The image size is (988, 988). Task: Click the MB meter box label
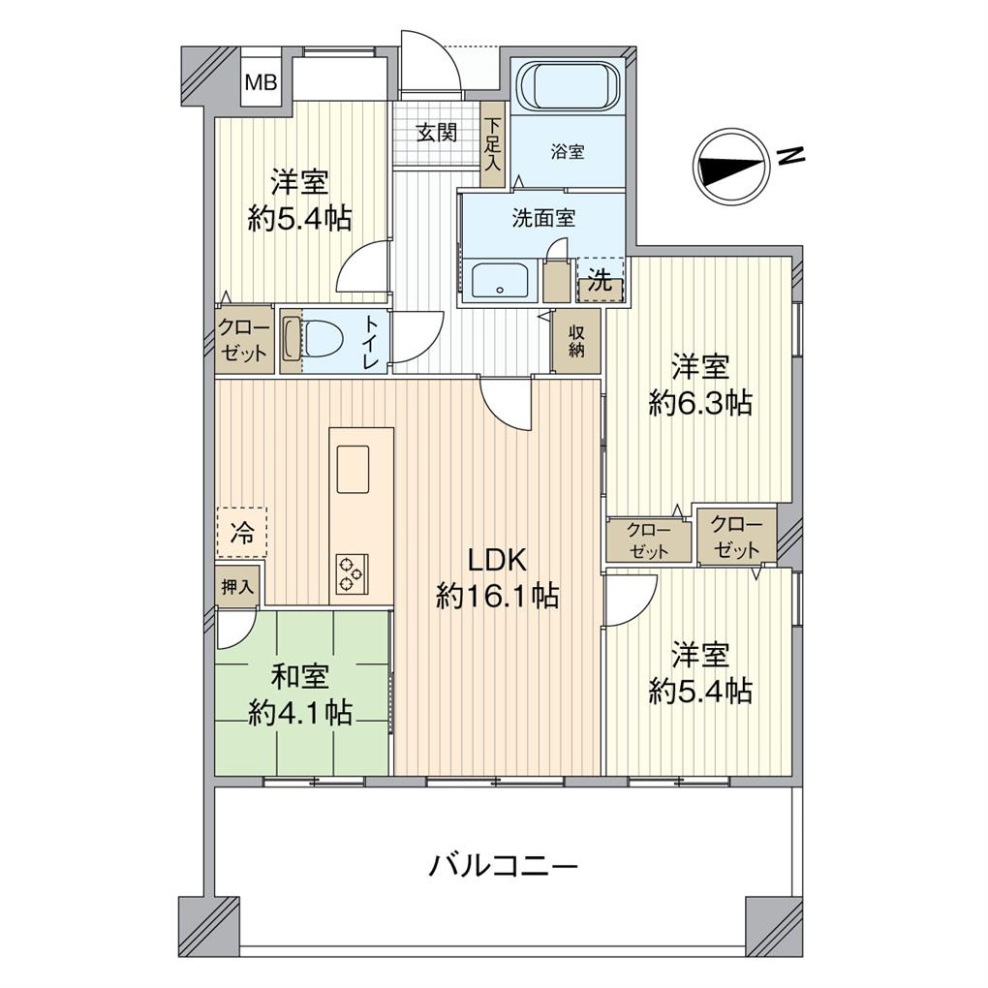(x=260, y=82)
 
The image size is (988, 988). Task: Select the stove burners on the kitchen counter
(x=350, y=571)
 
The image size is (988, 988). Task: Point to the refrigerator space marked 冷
(x=241, y=532)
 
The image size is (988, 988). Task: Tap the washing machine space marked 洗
(x=601, y=283)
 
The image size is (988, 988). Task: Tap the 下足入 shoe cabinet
(x=493, y=144)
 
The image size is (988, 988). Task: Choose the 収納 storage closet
(x=576, y=341)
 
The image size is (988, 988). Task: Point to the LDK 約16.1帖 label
(x=497, y=578)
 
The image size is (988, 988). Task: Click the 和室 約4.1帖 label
(x=299, y=694)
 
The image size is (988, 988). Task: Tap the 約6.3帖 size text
(x=700, y=403)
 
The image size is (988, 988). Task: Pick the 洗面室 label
(x=543, y=219)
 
